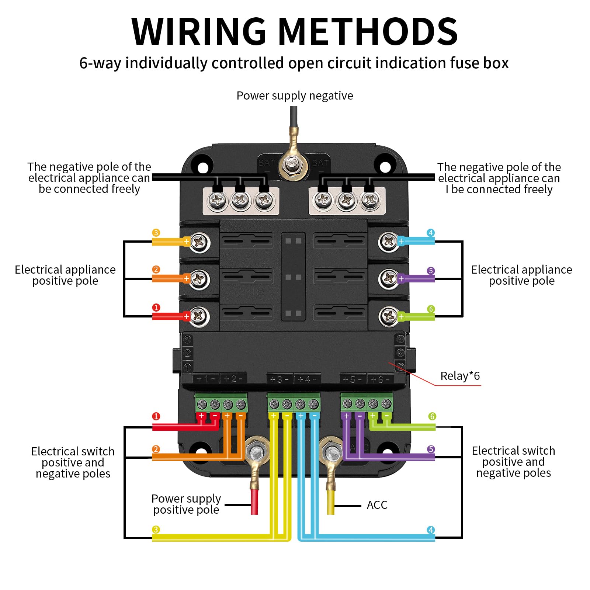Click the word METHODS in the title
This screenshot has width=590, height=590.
tap(368, 32)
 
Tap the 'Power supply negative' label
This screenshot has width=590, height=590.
tap(295, 96)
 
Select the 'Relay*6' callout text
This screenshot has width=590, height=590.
tap(460, 376)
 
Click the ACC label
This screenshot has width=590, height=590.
tap(377, 505)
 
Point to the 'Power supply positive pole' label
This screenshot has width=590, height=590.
tap(186, 504)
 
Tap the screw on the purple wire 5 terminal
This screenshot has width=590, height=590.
tap(388, 279)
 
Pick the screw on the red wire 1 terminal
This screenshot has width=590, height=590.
tap(199, 316)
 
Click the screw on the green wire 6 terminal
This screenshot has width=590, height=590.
tap(388, 316)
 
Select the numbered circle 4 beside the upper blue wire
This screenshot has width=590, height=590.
tap(430, 233)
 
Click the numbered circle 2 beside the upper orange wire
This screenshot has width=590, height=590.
tap(156, 270)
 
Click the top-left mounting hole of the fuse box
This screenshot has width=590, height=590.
tap(203, 168)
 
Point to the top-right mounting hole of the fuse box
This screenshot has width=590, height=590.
tap(385, 167)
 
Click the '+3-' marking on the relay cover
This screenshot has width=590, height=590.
tap(279, 379)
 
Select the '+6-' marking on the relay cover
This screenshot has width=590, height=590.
tap(380, 379)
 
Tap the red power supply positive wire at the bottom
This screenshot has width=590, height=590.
tap(254, 502)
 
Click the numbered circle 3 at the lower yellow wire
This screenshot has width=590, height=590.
tap(156, 530)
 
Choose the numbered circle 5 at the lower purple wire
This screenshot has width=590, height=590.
tap(431, 449)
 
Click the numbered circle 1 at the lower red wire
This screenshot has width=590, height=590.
tap(156, 416)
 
